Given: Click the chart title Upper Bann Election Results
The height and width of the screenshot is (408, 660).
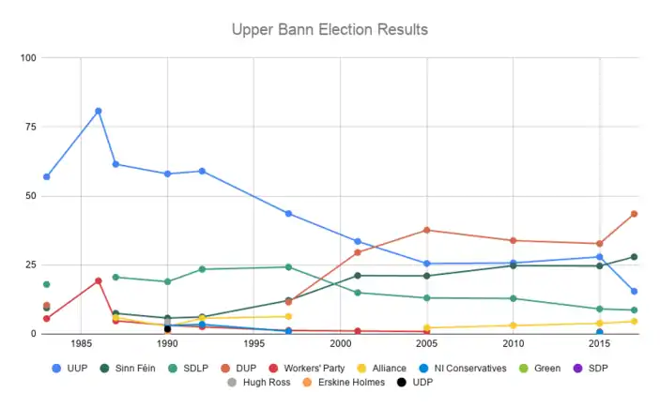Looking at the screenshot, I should [x=330, y=30].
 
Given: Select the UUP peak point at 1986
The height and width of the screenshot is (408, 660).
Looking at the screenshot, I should [x=99, y=111].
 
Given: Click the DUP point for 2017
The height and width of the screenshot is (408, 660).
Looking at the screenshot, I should [x=634, y=214].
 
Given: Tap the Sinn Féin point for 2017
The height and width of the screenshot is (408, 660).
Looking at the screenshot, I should [x=634, y=257].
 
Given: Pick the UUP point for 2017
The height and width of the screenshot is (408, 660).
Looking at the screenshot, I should [x=634, y=292].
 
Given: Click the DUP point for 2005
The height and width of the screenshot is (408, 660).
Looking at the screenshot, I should [x=427, y=230].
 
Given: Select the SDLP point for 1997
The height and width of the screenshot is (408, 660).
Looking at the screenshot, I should [x=288, y=267].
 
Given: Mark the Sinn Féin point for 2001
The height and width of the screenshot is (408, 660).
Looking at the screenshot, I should [x=358, y=276].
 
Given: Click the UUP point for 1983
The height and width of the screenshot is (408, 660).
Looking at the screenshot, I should [x=47, y=176].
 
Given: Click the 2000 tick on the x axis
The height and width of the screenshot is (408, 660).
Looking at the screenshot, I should [x=341, y=344].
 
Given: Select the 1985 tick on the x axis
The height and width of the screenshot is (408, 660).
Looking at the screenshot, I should [x=82, y=344].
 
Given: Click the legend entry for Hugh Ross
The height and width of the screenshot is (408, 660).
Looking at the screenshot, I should [x=262, y=383].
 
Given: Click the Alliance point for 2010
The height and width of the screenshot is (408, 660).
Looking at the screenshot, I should [x=514, y=325].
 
